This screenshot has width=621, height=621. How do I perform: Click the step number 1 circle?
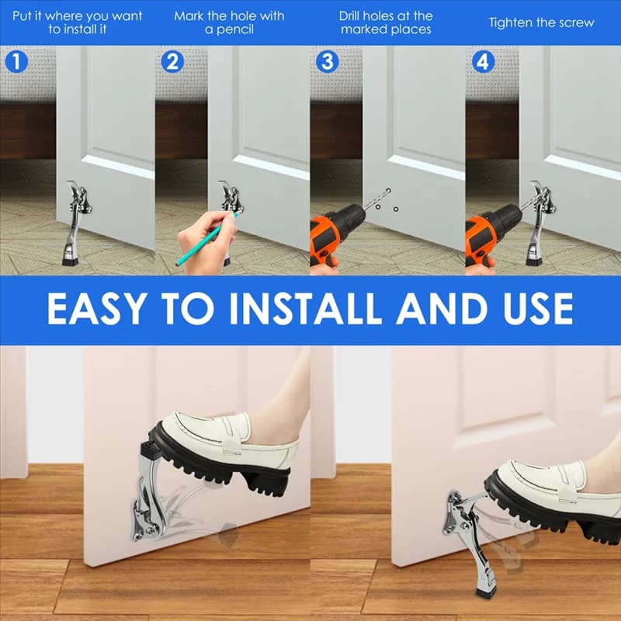coord(16,62)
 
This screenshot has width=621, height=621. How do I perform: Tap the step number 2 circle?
coord(172,62)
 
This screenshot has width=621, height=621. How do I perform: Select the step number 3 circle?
coord(327,62)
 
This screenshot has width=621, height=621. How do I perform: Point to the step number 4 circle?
coord(483,62)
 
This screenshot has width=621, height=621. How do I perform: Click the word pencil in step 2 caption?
coord(234,30)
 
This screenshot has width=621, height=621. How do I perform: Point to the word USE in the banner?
coord(538,309)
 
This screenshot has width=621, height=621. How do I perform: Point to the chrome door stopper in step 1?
coord(77,222)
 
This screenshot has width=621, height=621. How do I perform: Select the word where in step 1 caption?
coord(64,16)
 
